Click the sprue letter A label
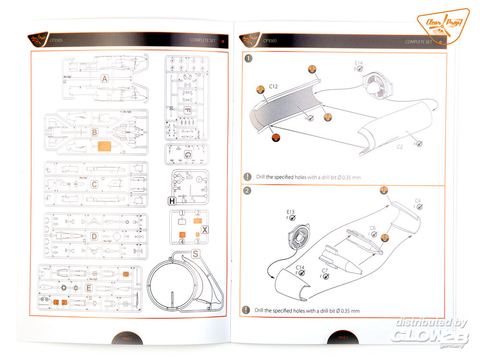pos(104,78)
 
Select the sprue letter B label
pos(95,132)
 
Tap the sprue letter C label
pos(95,184)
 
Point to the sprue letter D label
pos(95,236)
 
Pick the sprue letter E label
pos(88,288)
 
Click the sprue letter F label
pos(187,110)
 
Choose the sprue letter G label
pos(188,155)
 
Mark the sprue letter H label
pos(172,201)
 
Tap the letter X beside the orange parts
pos(204,229)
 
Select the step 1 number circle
pos(248,59)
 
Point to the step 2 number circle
pos(247,191)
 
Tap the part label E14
pos(359,63)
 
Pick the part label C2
pos(399,146)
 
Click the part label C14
pos(300,267)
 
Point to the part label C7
pos(324,270)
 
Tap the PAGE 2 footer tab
pos(127,339)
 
